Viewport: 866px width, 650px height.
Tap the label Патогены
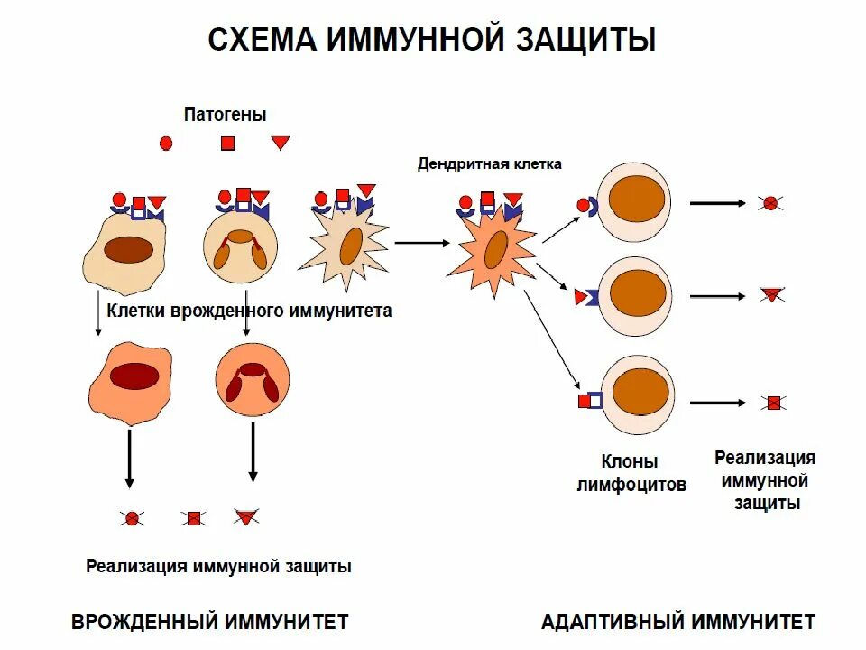point(226,115)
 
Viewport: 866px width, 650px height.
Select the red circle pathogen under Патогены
point(166,143)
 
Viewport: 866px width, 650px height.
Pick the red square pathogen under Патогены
point(228,143)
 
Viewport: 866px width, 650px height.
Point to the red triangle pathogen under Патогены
point(281,142)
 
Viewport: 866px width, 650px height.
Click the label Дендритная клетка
point(489,164)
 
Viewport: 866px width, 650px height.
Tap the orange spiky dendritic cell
point(493,249)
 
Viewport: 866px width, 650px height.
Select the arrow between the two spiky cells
point(421,242)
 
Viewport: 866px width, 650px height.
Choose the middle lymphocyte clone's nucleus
point(638,292)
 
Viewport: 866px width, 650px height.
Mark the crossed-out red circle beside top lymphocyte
point(769,203)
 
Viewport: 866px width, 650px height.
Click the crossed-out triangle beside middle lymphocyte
point(771,294)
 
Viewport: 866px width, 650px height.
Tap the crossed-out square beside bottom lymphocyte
point(772,403)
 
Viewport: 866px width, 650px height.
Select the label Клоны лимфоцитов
point(631,473)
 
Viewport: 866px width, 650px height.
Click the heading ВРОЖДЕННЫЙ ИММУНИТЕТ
point(209,622)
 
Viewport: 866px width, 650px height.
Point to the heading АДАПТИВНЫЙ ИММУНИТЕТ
point(678,622)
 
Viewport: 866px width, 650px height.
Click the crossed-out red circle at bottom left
point(133,518)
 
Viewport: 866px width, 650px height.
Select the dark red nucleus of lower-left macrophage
point(134,376)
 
